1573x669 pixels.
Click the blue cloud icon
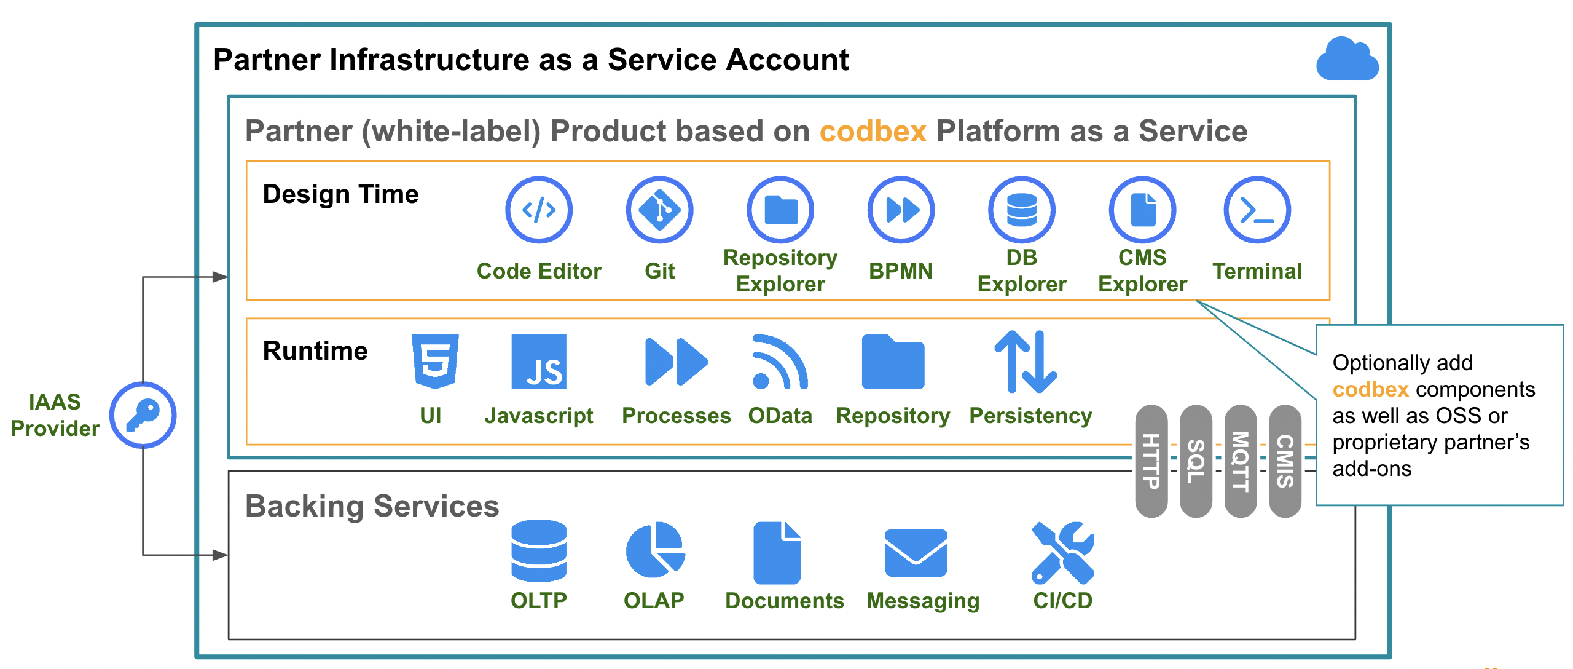(1347, 59)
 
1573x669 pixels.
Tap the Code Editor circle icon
(539, 210)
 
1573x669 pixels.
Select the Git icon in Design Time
(659, 210)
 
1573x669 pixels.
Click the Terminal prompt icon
(1257, 210)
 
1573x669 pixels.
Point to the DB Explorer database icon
(1022, 210)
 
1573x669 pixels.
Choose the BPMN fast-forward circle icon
(901, 210)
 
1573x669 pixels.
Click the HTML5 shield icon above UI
(435, 362)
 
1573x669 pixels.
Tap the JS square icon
(539, 362)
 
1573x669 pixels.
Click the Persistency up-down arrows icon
(1026, 362)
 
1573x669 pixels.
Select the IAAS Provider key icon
(143, 415)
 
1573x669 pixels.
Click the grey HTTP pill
(1151, 461)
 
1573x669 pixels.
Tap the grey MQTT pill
(1241, 461)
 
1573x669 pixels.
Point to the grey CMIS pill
(1285, 461)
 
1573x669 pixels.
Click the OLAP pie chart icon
(656, 550)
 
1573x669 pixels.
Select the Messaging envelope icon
(916, 553)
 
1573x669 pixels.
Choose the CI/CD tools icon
(1063, 553)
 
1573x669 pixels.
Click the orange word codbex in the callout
(1370, 389)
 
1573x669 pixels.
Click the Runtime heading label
(315, 350)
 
